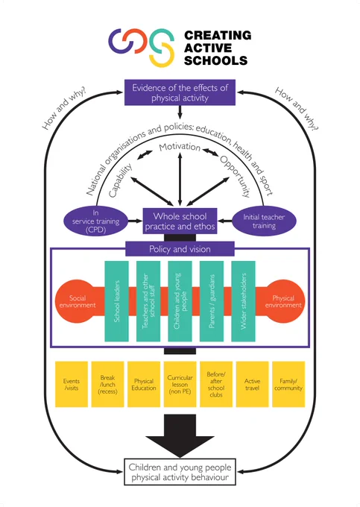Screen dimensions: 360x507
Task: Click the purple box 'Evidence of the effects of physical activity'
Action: [180, 92]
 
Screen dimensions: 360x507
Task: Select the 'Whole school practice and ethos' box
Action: [180, 221]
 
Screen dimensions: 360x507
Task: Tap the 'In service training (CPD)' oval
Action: [95, 221]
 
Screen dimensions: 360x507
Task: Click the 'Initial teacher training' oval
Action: [264, 221]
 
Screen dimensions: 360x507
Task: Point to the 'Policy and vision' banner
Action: [180, 249]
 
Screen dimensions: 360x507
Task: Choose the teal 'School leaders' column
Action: [117, 301]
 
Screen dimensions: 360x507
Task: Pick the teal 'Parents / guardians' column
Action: [212, 301]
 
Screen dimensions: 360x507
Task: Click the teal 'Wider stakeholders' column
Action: [243, 301]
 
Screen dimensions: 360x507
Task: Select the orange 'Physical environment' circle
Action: [283, 301]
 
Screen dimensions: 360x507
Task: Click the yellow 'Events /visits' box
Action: [72, 384]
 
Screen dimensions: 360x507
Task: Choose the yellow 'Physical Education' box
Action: [144, 384]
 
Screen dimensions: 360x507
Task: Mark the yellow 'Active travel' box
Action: [253, 384]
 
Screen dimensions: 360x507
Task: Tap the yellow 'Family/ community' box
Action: [288, 384]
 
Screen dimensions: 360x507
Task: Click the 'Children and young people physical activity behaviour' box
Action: [180, 472]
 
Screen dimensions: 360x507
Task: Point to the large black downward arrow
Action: [180, 435]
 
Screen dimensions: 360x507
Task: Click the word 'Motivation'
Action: [180, 147]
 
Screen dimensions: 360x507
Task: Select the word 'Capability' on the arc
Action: [120, 180]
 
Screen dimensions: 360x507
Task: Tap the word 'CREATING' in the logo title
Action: [218, 35]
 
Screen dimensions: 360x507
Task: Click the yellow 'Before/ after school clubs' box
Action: [216, 384]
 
